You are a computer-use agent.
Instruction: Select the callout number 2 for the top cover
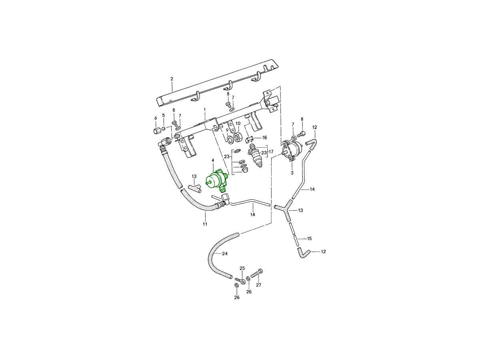point(172,79)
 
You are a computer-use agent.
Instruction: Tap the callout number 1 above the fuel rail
point(205,109)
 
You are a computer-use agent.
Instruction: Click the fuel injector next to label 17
point(254,155)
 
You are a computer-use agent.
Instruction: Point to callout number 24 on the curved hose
point(224,254)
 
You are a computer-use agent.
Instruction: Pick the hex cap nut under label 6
point(156,131)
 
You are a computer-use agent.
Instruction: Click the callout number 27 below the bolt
point(258,285)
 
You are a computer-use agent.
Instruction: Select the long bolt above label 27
point(256,273)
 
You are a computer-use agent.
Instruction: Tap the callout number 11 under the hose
point(205,224)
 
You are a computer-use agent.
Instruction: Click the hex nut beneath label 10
point(237,137)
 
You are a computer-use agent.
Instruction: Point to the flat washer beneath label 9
point(230,140)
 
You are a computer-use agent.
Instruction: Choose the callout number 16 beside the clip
point(264,138)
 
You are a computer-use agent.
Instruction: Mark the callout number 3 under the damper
point(292,173)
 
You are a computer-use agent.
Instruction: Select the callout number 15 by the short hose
point(309,238)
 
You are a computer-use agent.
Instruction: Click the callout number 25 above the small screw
point(242,268)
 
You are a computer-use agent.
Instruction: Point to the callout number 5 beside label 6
point(163,115)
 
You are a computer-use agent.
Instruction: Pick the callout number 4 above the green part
point(212,160)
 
